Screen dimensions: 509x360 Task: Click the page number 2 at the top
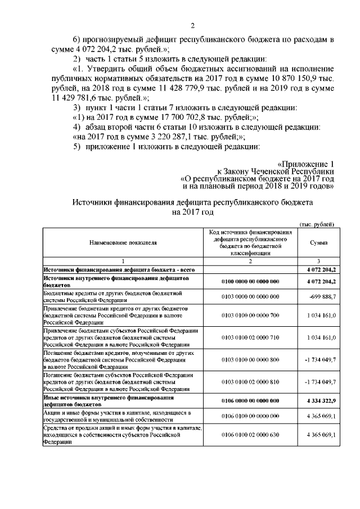[192, 25]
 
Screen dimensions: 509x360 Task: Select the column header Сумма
[319, 242]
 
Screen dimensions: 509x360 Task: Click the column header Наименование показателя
[122, 242]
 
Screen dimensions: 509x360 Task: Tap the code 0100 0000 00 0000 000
[250, 281]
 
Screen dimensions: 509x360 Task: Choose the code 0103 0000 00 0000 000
[250, 296]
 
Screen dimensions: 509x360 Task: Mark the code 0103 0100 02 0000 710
[250, 337]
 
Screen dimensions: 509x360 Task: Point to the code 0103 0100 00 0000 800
[250, 359]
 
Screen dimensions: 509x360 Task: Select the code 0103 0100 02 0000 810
[250, 381]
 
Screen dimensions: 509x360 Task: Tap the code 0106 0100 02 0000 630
[250, 435]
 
